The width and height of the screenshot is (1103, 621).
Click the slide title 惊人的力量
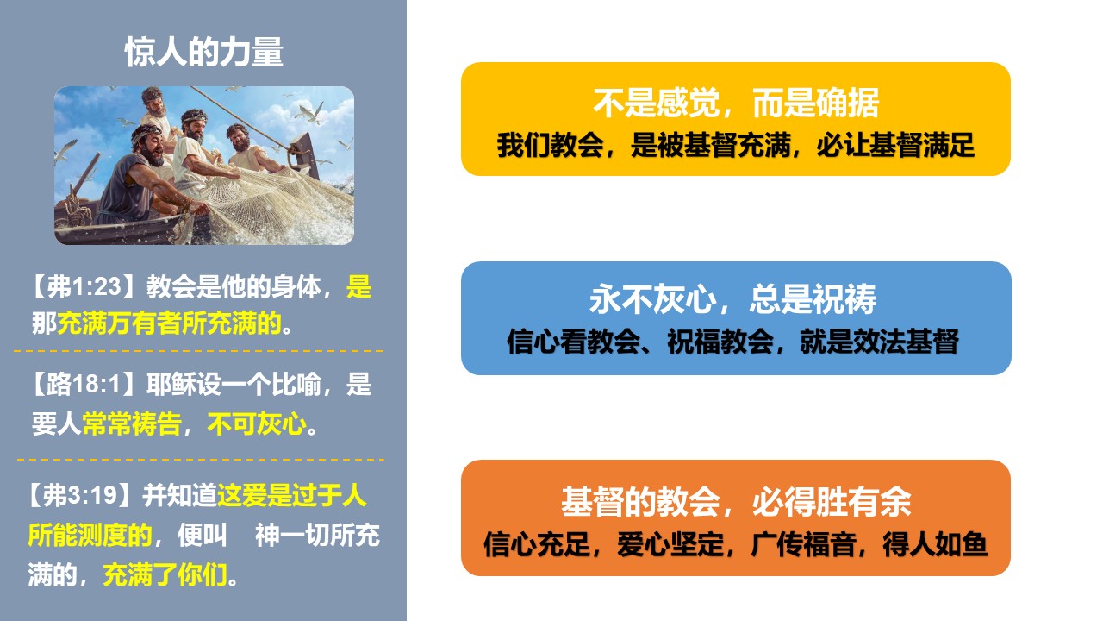point(204,52)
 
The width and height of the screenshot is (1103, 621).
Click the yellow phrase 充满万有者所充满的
point(170,323)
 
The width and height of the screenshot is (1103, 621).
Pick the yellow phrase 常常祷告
point(132,423)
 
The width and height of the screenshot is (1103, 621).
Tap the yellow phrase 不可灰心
point(257,423)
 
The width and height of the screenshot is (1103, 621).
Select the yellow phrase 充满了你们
point(165,574)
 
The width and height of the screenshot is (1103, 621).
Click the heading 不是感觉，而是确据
point(736,103)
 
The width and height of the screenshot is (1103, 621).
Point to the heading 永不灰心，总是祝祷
point(732,299)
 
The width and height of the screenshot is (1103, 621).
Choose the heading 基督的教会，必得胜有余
point(736,502)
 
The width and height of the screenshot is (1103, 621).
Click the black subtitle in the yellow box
point(736,146)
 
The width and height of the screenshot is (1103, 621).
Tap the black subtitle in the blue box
point(732,341)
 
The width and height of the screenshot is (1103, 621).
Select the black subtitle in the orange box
point(736,544)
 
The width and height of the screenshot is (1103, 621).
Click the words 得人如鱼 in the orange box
point(935,544)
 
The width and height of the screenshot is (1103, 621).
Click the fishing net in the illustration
point(276,202)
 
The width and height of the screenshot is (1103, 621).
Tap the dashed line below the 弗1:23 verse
point(198,351)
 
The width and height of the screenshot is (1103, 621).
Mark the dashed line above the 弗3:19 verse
point(201,460)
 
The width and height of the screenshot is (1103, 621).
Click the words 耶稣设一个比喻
point(234,384)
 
